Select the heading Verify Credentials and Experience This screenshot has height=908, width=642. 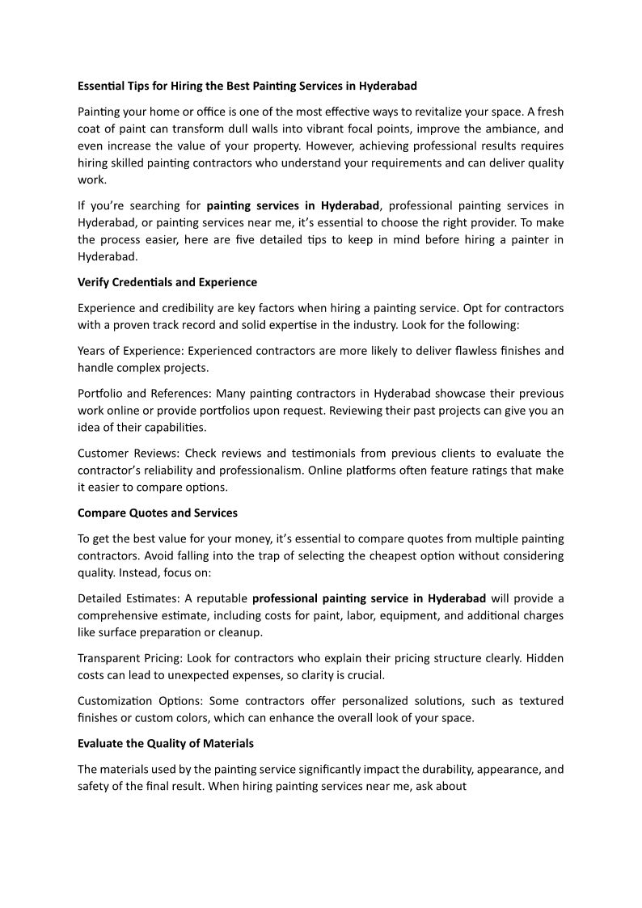pos(167,282)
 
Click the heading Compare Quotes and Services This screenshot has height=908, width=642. pos(158,513)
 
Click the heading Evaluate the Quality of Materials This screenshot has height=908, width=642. pos(166,743)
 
